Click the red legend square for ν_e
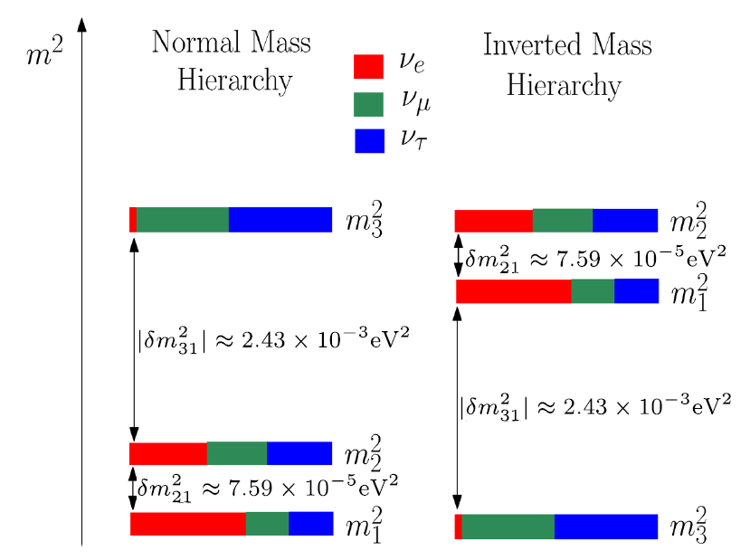[369, 67]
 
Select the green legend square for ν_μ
[369, 103]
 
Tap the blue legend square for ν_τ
[369, 139]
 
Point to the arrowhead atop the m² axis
[82, 23]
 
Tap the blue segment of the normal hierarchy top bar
[280, 220]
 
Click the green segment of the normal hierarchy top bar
[182, 220]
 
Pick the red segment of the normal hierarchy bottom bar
[188, 524]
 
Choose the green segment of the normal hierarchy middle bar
[237, 453]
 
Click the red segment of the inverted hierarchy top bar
[493, 221]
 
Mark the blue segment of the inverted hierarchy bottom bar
[605, 527]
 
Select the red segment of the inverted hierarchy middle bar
[513, 291]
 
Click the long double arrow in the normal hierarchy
[134, 335]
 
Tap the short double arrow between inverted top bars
[458, 256]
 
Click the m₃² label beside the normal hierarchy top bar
[364, 222]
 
